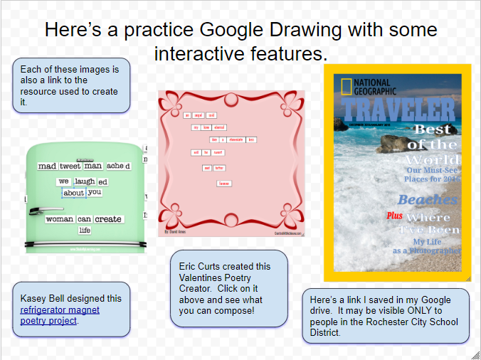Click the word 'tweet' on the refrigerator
pyautogui.click(x=70, y=166)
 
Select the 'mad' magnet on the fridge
pyautogui.click(x=47, y=166)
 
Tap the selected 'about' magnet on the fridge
pyautogui.click(x=73, y=193)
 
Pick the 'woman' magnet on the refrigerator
pyautogui.click(x=60, y=219)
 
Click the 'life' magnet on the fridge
pyautogui.click(x=85, y=231)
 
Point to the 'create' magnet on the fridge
pyautogui.click(x=108, y=219)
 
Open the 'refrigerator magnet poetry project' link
pyautogui.click(x=60, y=315)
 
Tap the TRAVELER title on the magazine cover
pyautogui.click(x=398, y=110)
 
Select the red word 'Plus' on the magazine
pyautogui.click(x=394, y=216)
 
